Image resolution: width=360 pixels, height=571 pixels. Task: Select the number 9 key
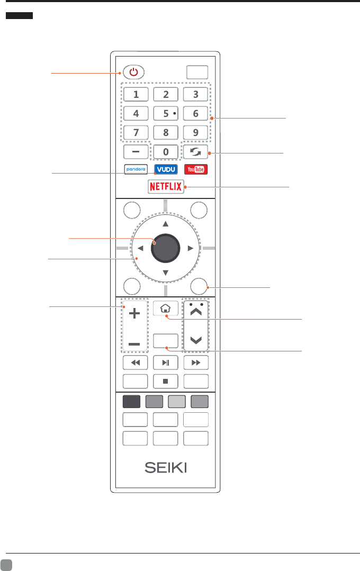point(195,132)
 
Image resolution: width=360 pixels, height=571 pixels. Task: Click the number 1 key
point(136,95)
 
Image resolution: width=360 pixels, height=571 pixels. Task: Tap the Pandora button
point(136,170)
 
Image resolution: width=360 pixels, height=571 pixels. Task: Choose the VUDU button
point(166,170)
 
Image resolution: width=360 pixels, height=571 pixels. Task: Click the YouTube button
point(195,170)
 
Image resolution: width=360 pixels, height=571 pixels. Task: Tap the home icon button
point(166,308)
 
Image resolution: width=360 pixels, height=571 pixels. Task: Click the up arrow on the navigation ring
point(166,223)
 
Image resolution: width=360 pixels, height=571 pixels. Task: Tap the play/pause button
point(166,363)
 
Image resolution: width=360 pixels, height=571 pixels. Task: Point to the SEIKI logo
point(166,468)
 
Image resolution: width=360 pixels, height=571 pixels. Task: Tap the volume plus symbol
point(136,314)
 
